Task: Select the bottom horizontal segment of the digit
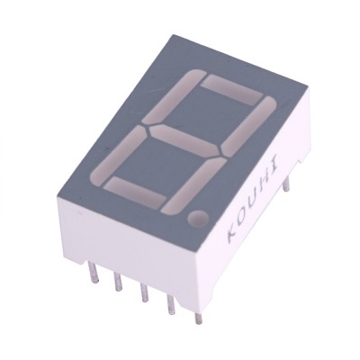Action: point(135,192)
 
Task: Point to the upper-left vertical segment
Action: point(172,96)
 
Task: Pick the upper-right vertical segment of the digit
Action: point(248,126)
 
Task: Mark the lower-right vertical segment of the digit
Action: point(193,186)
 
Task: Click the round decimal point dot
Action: point(198,217)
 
